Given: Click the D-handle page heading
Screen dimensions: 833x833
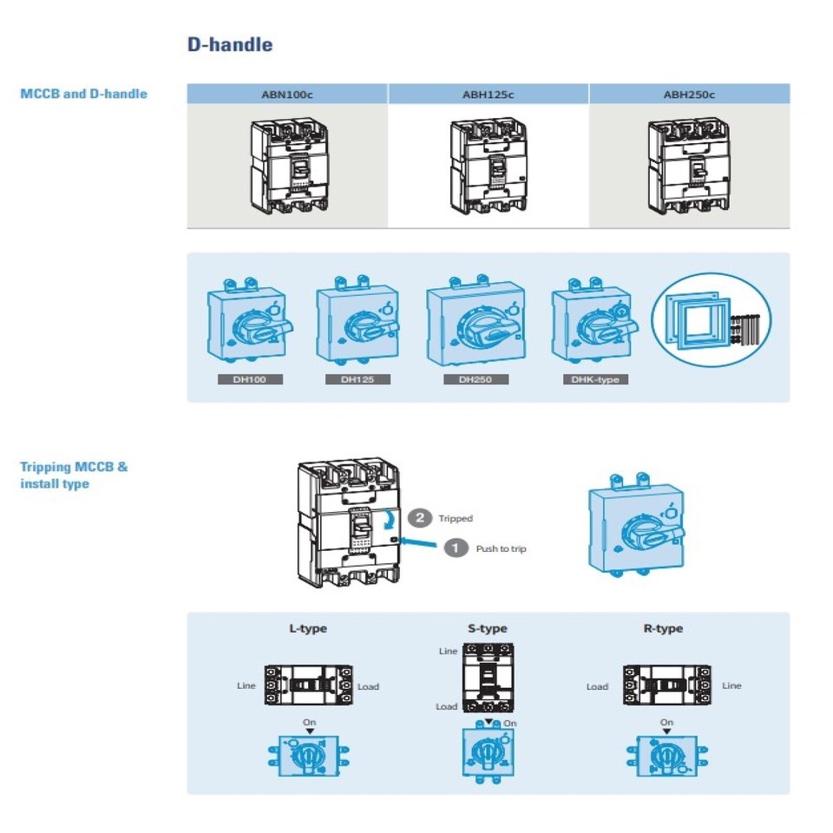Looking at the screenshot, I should click(230, 44).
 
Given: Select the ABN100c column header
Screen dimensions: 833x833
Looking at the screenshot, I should click(286, 95).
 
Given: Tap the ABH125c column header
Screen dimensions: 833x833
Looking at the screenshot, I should click(488, 95).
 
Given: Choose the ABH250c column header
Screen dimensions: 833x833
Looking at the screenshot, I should click(690, 95).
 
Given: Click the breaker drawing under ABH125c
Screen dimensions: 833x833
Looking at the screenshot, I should click(488, 166).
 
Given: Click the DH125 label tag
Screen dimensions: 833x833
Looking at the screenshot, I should click(357, 379).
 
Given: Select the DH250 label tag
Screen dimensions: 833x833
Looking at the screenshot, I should click(476, 379).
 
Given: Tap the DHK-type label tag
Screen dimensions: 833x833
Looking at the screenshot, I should click(594, 379).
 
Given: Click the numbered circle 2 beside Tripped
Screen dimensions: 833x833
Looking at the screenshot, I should click(420, 518).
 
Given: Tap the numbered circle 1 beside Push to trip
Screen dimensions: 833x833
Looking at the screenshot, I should click(456, 548).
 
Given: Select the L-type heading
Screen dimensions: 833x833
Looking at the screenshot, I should click(308, 628).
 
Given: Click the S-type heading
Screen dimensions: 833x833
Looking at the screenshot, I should click(487, 628).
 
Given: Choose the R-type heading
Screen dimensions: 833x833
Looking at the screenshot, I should click(663, 628).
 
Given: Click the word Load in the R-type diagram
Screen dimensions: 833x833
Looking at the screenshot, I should click(597, 686).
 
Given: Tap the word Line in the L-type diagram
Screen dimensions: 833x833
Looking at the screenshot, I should click(246, 685).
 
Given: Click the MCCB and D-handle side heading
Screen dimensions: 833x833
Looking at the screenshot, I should click(83, 94).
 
